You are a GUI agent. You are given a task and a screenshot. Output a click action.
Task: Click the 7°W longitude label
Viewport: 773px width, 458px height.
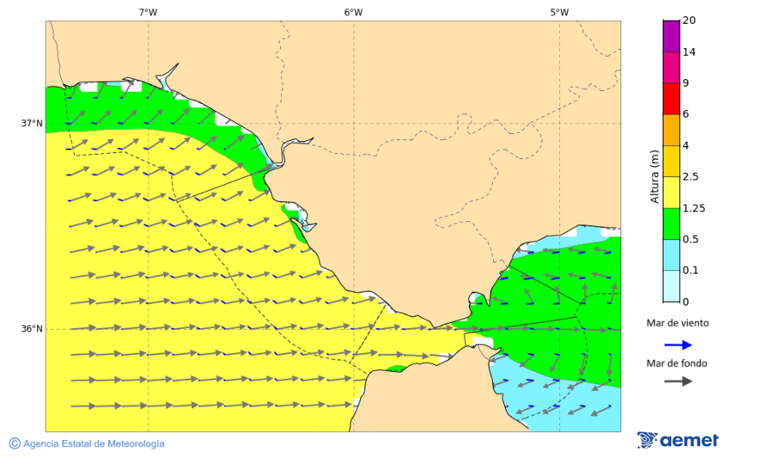click(148, 12)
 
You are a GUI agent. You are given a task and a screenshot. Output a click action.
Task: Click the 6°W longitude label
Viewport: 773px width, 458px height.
click(353, 12)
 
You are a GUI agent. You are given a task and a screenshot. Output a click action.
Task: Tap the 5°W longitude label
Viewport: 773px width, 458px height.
click(559, 12)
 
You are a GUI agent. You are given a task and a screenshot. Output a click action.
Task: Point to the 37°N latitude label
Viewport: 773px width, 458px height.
click(32, 123)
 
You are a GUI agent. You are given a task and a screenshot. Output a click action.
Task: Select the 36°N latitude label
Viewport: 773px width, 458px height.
click(32, 329)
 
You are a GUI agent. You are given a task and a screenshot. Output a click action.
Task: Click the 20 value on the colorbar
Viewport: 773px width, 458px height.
click(689, 21)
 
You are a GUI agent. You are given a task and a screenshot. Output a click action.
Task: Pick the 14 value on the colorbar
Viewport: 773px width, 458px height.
click(689, 52)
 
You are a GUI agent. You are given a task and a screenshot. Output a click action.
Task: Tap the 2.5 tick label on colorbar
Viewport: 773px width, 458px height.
click(691, 177)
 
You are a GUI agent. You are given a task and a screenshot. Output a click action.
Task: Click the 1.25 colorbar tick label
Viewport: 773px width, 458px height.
click(693, 208)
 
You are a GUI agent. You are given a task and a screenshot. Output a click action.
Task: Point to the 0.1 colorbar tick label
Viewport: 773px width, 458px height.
click(691, 271)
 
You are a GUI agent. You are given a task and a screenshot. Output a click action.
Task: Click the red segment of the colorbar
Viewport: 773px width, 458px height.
click(672, 99)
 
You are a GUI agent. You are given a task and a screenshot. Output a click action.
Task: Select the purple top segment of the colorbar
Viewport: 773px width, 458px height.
click(672, 36)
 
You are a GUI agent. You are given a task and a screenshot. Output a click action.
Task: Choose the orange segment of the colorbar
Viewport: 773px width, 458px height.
click(672, 130)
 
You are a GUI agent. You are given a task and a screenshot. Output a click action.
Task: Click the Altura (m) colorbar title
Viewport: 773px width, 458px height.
click(654, 177)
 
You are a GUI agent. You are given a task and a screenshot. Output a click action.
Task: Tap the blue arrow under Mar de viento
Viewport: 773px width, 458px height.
click(679, 345)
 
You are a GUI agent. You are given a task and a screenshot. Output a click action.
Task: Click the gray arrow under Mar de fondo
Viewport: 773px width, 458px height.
click(679, 381)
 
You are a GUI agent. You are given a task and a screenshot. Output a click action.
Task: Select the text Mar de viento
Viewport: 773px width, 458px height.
click(678, 323)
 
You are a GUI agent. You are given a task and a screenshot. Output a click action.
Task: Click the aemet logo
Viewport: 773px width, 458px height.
click(679, 440)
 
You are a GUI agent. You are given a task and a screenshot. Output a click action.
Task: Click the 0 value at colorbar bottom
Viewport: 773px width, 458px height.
click(685, 302)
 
